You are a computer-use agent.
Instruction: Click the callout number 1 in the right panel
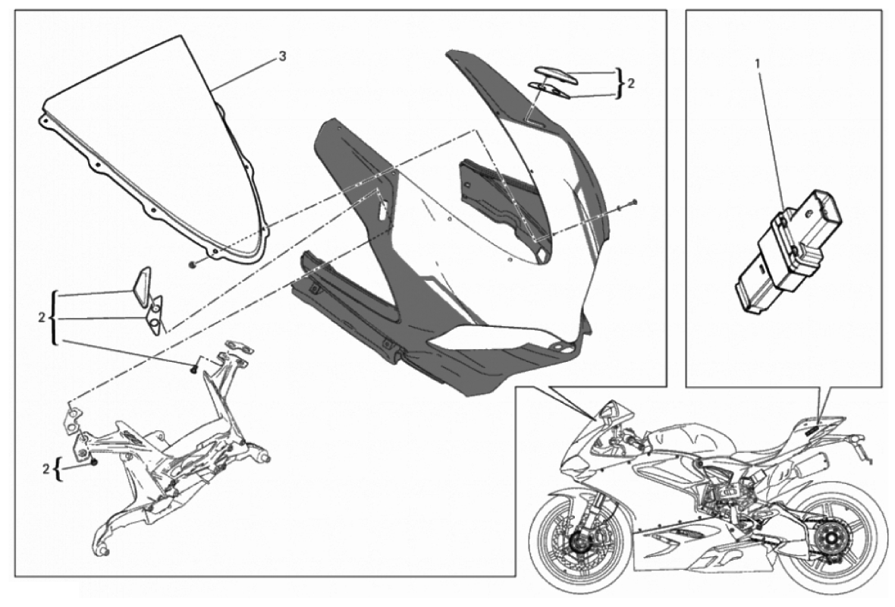pos(758,64)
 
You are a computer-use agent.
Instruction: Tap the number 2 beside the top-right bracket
pos(631,83)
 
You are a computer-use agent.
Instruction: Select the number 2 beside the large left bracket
pos(41,317)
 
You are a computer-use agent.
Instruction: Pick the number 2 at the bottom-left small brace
pos(46,470)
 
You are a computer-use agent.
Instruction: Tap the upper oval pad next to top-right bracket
pos(556,74)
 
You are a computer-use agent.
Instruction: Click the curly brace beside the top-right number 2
pos(620,83)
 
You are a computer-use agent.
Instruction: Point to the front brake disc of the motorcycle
pos(573,539)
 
